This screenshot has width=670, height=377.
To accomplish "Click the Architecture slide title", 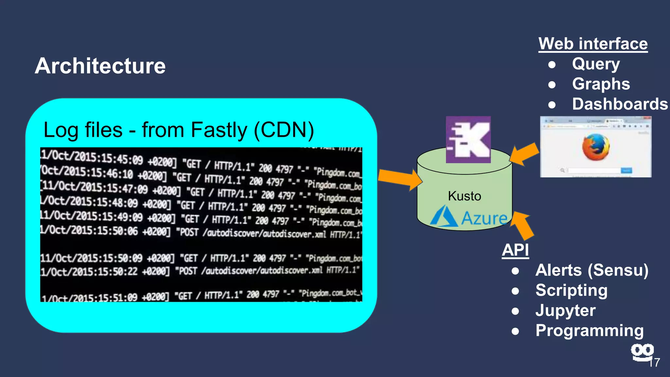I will [x=100, y=66].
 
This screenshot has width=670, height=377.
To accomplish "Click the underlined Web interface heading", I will [x=593, y=44].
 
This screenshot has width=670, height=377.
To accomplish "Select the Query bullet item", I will [x=596, y=64].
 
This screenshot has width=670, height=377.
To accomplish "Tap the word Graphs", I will [x=601, y=84].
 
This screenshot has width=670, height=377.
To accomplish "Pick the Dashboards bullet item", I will [x=620, y=104].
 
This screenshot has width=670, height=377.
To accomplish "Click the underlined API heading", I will [x=515, y=250].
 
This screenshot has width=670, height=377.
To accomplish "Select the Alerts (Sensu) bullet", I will [x=591, y=270].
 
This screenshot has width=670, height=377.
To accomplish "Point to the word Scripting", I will [x=571, y=291].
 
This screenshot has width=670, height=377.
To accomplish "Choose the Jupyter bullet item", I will [x=565, y=311].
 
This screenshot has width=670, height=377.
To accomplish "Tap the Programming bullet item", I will [x=589, y=331].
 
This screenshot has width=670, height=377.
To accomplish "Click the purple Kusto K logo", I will [x=468, y=140].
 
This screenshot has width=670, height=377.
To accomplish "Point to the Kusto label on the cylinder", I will [x=464, y=196].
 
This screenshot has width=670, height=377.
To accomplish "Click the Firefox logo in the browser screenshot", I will [x=596, y=147].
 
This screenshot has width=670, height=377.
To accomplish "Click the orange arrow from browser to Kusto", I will [x=524, y=154].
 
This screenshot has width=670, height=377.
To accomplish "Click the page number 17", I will [x=654, y=363].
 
